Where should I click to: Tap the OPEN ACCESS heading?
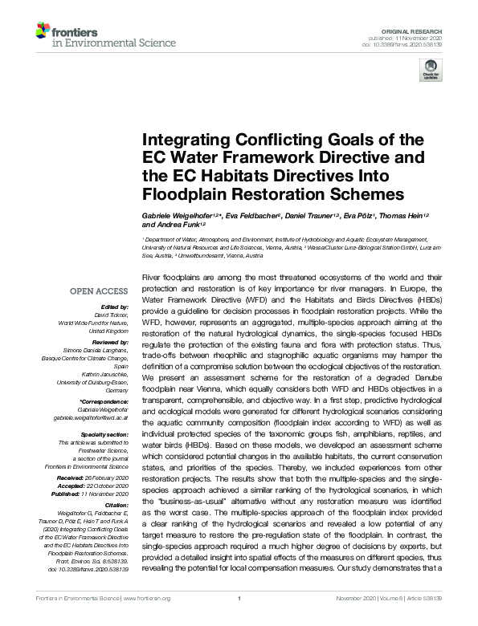click(100, 291)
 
